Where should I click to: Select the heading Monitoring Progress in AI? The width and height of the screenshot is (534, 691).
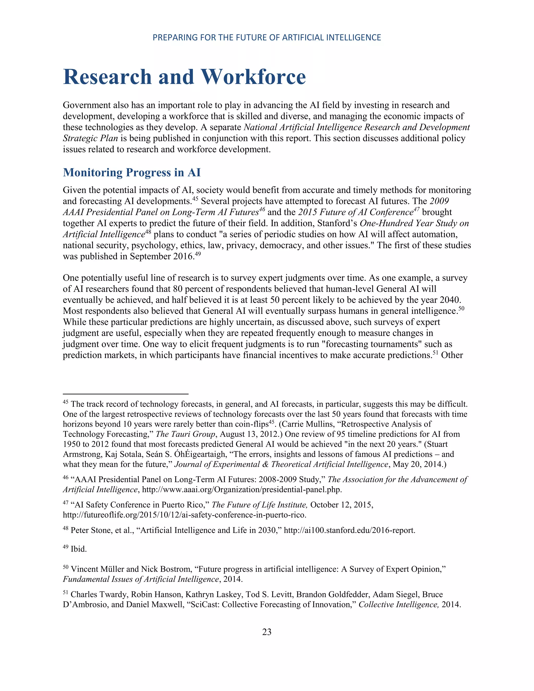[132, 172]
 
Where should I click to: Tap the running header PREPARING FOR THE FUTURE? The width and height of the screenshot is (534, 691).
[267, 38]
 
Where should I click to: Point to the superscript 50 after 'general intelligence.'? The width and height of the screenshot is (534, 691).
[461, 308]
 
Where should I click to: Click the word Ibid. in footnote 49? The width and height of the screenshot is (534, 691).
[78, 549]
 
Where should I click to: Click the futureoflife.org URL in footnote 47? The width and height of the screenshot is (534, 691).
[184, 515]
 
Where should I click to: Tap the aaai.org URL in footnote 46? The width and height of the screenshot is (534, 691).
[242, 489]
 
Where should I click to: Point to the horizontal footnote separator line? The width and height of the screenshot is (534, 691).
[126, 394]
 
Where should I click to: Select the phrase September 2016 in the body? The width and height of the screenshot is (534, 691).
[161, 257]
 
